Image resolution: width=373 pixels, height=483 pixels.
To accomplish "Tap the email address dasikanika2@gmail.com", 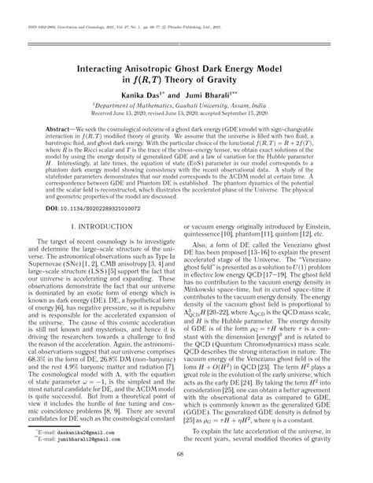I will tap(93, 433).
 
